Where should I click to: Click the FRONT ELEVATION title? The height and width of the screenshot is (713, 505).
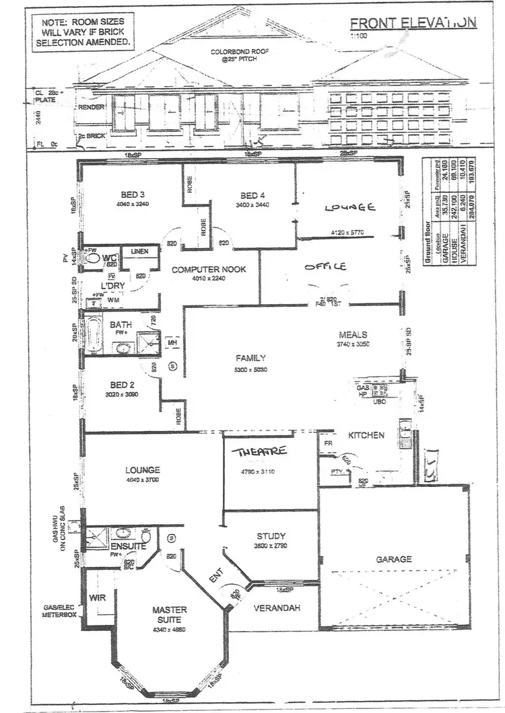tap(413, 22)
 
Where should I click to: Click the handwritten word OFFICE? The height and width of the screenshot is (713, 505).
tap(325, 266)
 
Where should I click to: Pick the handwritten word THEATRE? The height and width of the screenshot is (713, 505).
tap(260, 451)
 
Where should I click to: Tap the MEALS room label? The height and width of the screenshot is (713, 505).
tap(353, 334)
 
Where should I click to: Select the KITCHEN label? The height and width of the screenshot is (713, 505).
tap(366, 435)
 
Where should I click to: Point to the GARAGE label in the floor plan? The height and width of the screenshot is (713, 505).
tap(395, 559)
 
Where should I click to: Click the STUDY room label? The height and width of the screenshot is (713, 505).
tap(271, 536)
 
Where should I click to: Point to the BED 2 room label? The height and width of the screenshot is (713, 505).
tap(123, 385)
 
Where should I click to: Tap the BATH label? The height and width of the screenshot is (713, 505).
tap(121, 324)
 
